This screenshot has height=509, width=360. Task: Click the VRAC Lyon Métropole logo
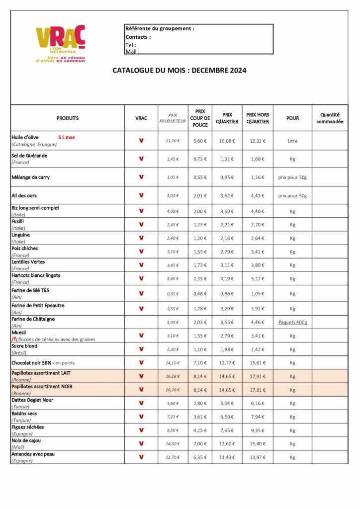(x=60, y=43)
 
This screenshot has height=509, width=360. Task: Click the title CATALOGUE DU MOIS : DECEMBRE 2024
(x=180, y=71)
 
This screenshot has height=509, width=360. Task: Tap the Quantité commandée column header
(x=330, y=118)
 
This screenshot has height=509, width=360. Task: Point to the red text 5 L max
(x=66, y=137)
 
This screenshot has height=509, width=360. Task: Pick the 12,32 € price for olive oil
(x=258, y=141)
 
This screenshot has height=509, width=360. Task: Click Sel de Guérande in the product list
(x=30, y=155)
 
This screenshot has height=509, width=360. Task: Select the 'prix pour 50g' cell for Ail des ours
(x=292, y=196)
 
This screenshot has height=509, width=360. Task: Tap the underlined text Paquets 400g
(x=292, y=322)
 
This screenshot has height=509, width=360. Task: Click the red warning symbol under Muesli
(x=14, y=339)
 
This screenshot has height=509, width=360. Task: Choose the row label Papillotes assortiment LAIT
(x=43, y=373)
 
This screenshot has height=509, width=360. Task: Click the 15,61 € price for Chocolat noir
(x=258, y=362)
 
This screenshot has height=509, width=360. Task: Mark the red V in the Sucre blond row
(x=141, y=349)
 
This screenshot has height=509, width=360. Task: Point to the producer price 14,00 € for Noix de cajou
(x=173, y=443)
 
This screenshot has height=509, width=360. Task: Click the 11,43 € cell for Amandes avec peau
(x=227, y=457)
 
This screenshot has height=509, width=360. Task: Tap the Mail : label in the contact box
(x=132, y=51)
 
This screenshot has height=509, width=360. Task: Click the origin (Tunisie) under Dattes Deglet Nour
(x=22, y=406)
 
